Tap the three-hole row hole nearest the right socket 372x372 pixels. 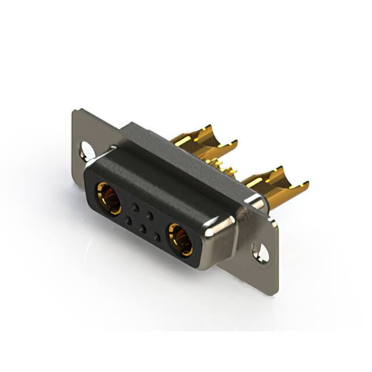pos(158,238)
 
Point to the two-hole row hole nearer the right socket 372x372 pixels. pos(151,215)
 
